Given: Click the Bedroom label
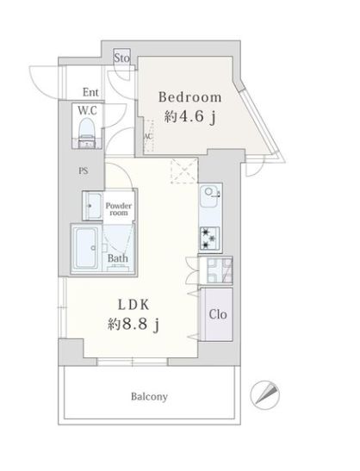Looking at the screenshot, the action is click(x=190, y=97).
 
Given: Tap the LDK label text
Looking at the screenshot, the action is click(x=133, y=305).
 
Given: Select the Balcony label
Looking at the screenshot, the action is click(x=149, y=396).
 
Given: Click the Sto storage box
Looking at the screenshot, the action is click(x=122, y=57).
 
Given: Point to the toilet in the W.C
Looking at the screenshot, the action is click(x=86, y=133).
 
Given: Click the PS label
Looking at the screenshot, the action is click(x=84, y=170).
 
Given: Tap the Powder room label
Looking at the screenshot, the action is click(x=119, y=209).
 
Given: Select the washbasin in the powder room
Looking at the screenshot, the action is click(x=93, y=206).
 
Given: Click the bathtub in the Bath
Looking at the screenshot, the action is click(x=86, y=248).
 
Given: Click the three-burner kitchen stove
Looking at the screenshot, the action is click(x=209, y=239).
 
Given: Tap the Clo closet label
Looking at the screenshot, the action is click(x=218, y=314).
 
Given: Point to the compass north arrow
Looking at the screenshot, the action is click(x=265, y=394).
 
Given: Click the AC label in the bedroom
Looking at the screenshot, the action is click(x=149, y=137).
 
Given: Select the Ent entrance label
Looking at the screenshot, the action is click(x=90, y=92).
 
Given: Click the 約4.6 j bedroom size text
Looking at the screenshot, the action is click(x=190, y=117).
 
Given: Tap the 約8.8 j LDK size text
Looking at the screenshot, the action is click(x=133, y=325).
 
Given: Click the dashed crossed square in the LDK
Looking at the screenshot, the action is click(x=184, y=170).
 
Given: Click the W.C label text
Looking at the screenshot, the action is click(x=87, y=110).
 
